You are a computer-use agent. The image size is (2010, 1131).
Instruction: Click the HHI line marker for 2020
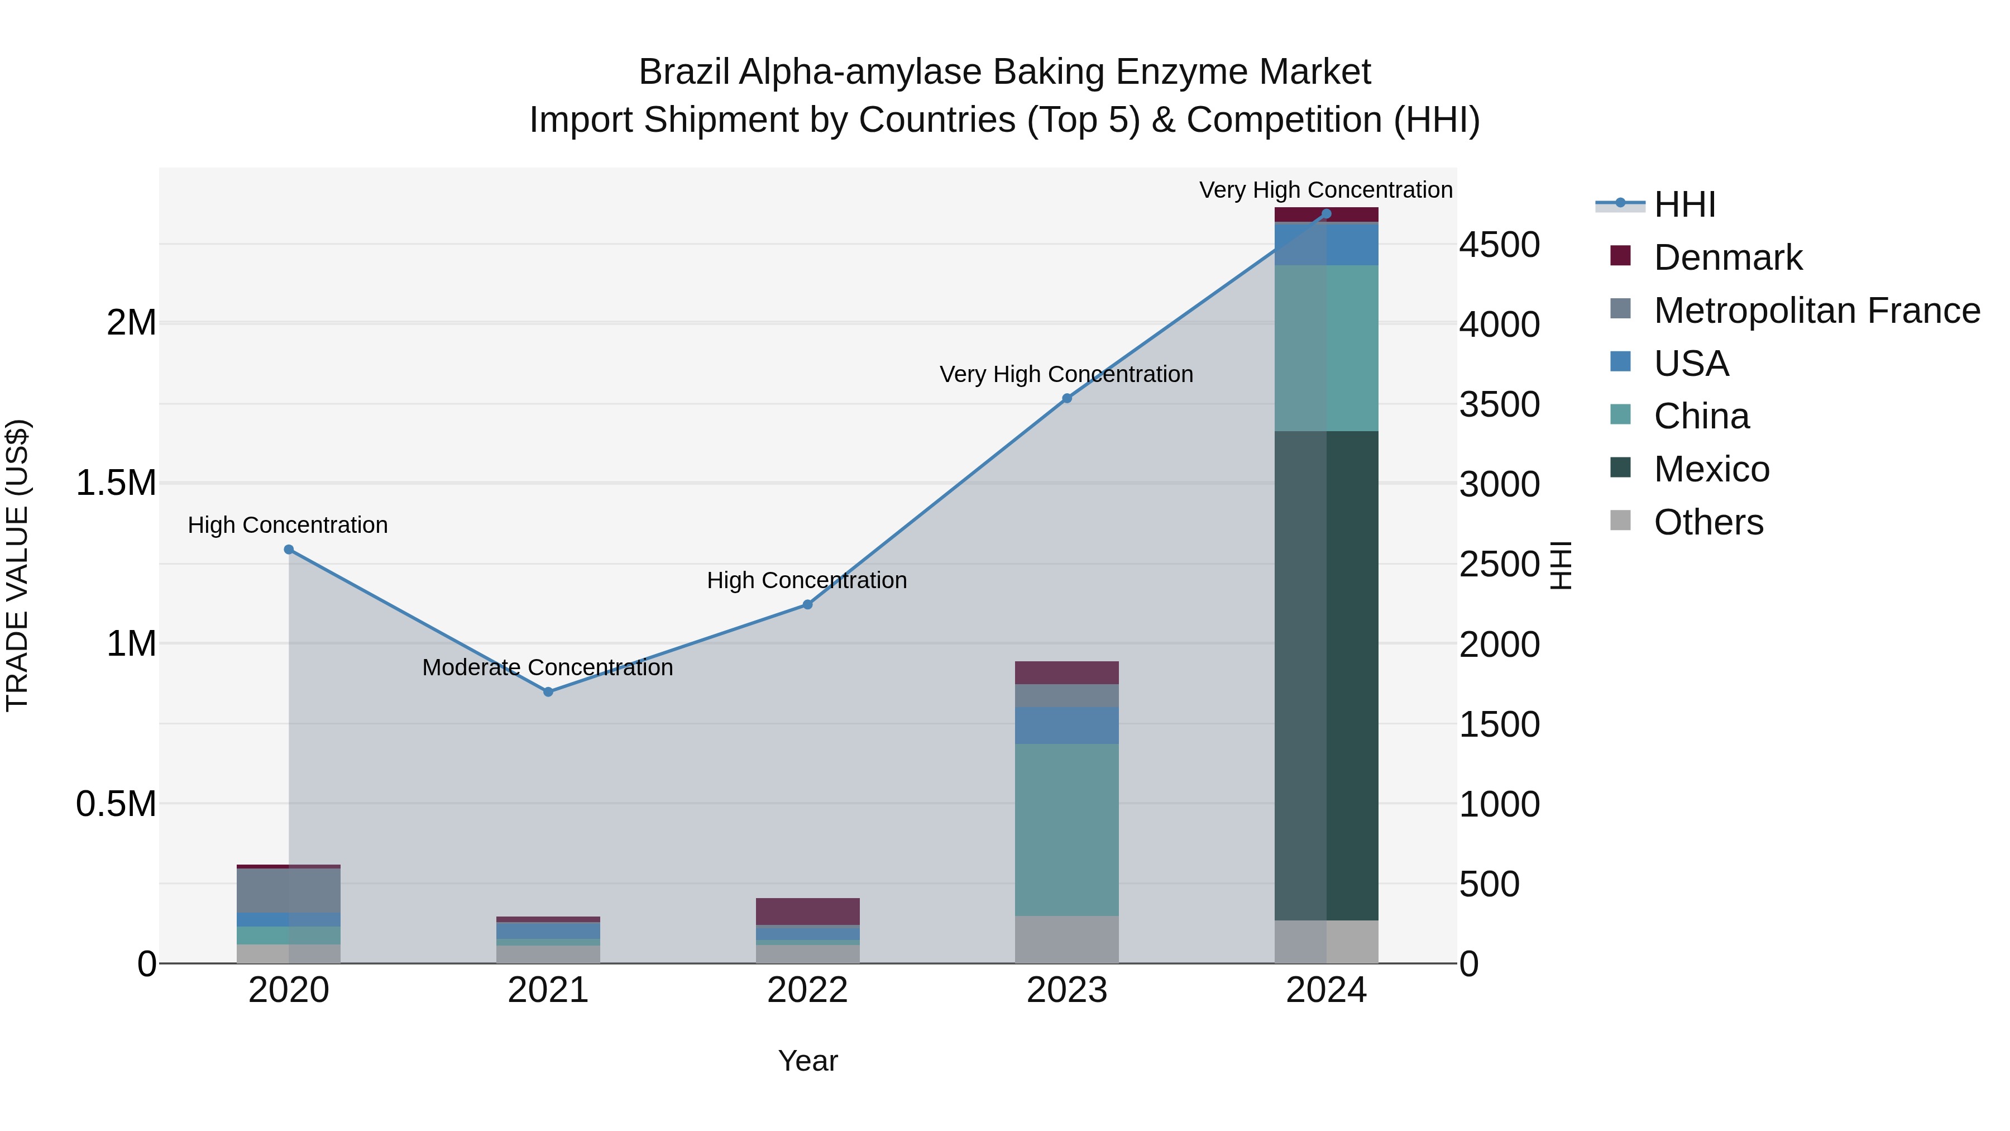click(289, 550)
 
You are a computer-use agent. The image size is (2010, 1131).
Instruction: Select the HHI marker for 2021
click(548, 691)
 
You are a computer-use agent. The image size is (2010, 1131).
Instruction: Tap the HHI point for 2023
click(1066, 398)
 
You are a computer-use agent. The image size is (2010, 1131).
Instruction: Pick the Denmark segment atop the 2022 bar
click(807, 911)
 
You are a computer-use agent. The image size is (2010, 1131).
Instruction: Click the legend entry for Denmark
click(1727, 257)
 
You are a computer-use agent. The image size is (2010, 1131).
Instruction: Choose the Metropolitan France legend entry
click(1816, 311)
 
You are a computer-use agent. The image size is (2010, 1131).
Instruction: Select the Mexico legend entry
click(1711, 469)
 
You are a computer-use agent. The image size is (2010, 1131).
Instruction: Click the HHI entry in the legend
click(1684, 204)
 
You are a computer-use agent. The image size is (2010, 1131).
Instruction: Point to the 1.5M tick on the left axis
click(116, 483)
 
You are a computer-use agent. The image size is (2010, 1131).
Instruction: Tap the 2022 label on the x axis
click(807, 990)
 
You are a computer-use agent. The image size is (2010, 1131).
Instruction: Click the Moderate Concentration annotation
click(547, 667)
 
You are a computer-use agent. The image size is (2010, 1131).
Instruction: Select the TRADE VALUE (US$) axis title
click(17, 565)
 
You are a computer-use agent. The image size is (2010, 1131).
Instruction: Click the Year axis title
click(807, 1061)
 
